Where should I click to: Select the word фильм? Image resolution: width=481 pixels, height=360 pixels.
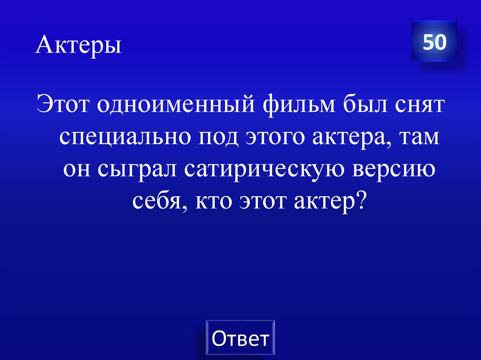[296, 105]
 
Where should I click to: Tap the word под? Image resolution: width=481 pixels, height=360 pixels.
[218, 138]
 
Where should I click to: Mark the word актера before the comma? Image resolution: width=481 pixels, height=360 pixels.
[354, 138]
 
